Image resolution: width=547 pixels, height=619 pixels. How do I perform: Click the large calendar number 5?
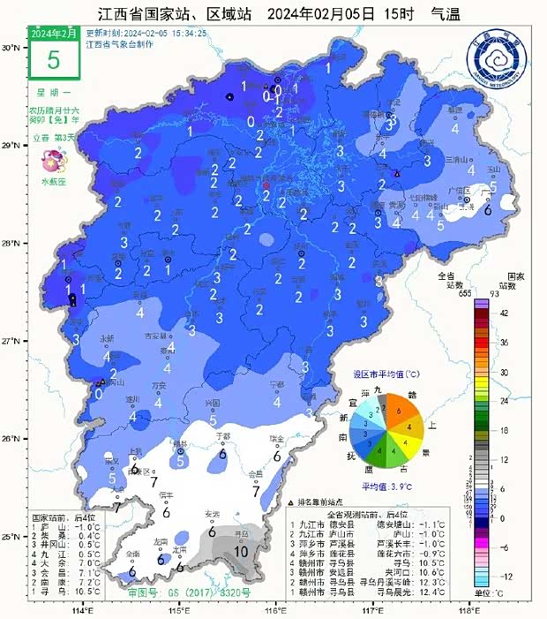pyautogui.click(x=53, y=60)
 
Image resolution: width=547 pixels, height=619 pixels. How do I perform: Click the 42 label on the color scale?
pyautogui.click(x=505, y=313)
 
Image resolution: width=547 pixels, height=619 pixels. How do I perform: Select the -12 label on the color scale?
pyautogui.click(x=505, y=576)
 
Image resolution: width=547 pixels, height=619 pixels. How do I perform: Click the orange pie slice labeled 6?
pyautogui.click(x=400, y=411)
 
